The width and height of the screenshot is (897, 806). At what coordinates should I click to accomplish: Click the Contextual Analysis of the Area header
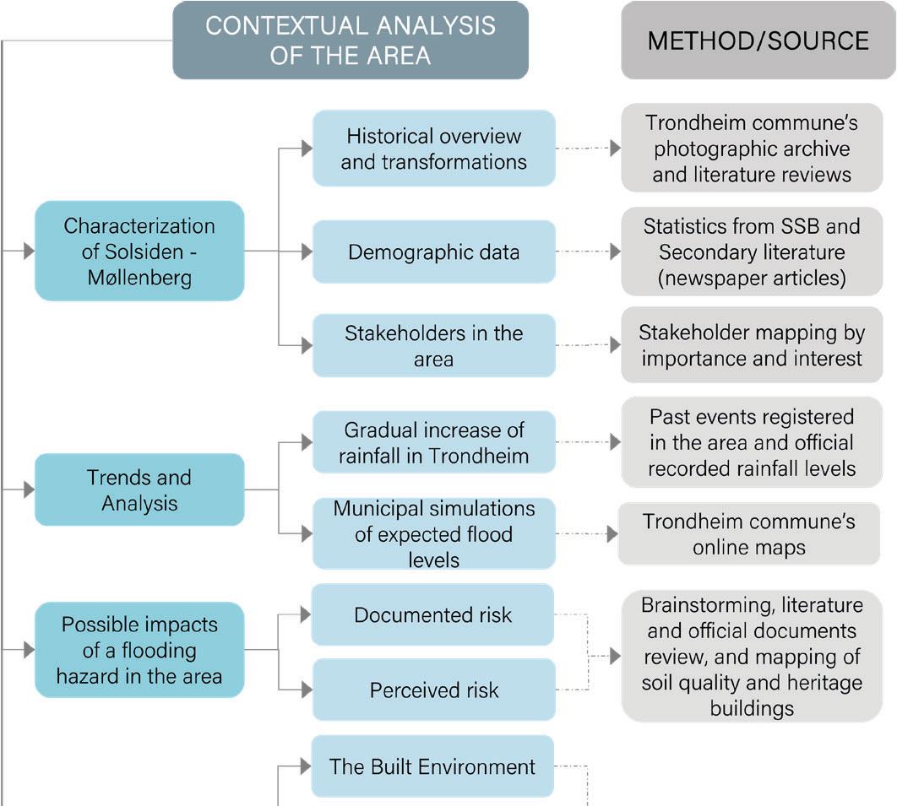click(x=351, y=40)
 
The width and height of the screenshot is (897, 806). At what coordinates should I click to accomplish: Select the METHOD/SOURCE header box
click(x=758, y=40)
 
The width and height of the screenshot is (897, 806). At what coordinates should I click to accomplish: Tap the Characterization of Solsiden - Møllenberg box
click(x=139, y=251)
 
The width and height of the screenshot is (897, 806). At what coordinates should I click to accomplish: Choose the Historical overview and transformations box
click(x=434, y=149)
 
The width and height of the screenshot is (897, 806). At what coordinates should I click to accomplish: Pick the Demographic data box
click(x=434, y=252)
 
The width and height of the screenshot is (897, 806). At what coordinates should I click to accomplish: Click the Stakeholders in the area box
click(x=434, y=345)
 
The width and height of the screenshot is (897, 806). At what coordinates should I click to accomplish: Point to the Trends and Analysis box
click(x=139, y=490)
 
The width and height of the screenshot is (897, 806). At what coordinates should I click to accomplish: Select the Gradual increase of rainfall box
click(x=434, y=443)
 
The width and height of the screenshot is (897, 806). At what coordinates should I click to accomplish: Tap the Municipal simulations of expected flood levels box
click(x=434, y=533)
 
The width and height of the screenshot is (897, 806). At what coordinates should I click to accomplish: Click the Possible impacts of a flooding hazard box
click(x=139, y=650)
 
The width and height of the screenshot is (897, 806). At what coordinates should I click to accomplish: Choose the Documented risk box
click(x=432, y=614)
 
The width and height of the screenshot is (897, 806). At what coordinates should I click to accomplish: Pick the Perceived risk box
click(x=434, y=690)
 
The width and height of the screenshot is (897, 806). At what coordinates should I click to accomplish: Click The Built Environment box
click(x=432, y=766)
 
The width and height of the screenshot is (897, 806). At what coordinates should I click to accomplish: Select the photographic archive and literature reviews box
click(x=751, y=149)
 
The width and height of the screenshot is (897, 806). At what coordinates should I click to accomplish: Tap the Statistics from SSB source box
click(x=751, y=252)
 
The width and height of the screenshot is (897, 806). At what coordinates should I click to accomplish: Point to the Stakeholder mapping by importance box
click(x=751, y=345)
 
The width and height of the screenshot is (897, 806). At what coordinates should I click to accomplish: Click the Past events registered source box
click(x=751, y=443)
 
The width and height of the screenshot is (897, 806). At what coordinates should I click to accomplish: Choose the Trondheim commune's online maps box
click(x=749, y=533)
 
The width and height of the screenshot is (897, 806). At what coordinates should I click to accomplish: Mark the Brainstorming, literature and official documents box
click(x=751, y=656)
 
